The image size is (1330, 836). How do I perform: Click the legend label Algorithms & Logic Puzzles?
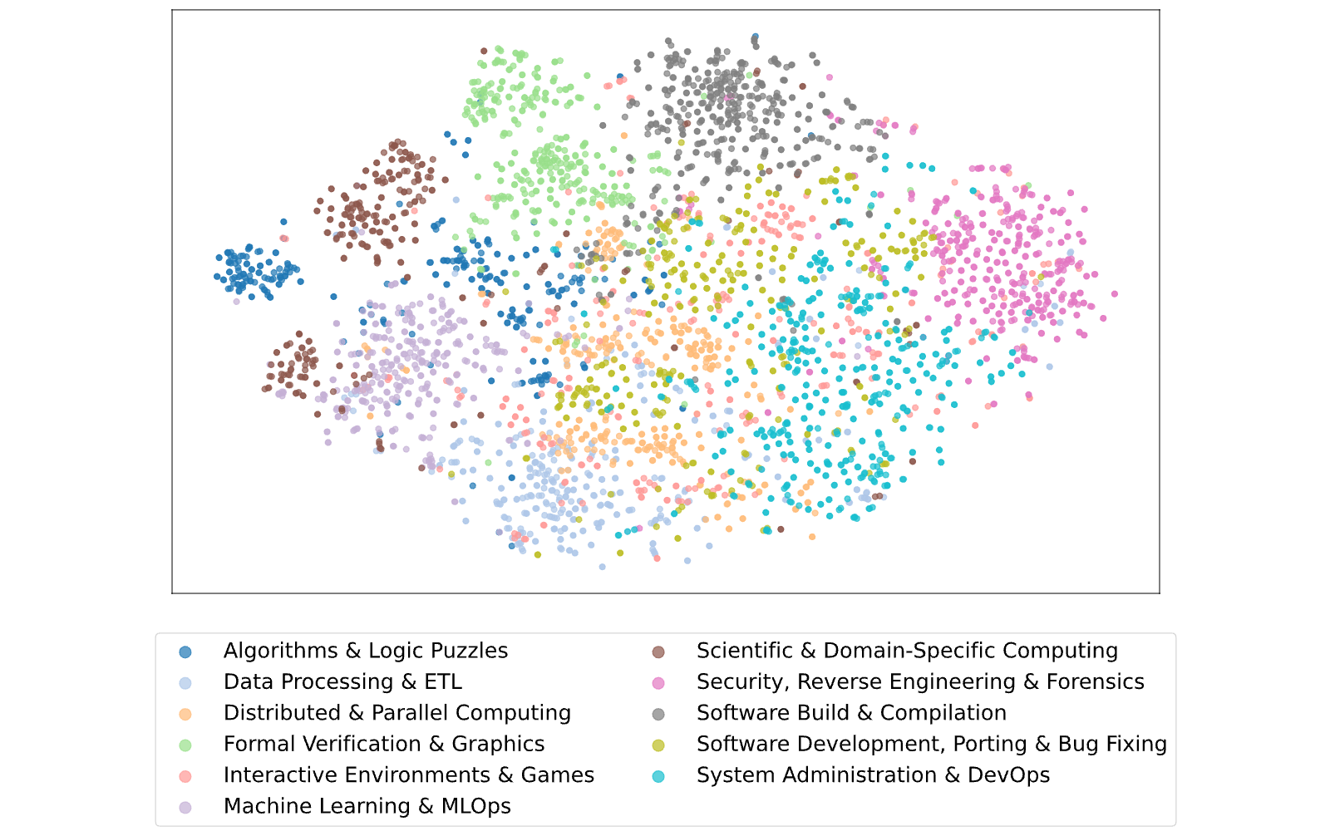(366, 651)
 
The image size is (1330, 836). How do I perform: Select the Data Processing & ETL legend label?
(342, 681)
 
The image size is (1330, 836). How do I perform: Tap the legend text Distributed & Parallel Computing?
(397, 713)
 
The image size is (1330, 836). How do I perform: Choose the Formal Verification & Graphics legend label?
(384, 744)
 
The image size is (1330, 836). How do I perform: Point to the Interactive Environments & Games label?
(409, 775)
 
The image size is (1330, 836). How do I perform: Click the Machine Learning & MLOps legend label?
(367, 806)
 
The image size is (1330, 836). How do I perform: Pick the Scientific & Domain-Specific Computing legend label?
(907, 651)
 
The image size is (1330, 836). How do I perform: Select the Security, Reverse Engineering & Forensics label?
(920, 681)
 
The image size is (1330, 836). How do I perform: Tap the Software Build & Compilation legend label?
(851, 713)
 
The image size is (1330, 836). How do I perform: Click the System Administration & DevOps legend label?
(874, 775)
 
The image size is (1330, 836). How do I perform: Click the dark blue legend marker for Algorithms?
(185, 652)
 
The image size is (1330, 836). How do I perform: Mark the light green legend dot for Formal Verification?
(185, 745)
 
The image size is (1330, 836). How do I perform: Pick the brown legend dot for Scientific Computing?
(658, 652)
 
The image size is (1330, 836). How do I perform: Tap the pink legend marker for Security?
(658, 683)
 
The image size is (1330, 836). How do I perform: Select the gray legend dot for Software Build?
(658, 715)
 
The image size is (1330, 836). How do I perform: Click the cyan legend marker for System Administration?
(658, 776)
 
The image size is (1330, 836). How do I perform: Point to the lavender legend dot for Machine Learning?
(185, 808)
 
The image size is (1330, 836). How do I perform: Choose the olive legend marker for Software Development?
(658, 745)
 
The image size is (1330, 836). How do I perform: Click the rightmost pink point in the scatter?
(1115, 294)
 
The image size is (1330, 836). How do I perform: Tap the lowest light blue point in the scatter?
(602, 567)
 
